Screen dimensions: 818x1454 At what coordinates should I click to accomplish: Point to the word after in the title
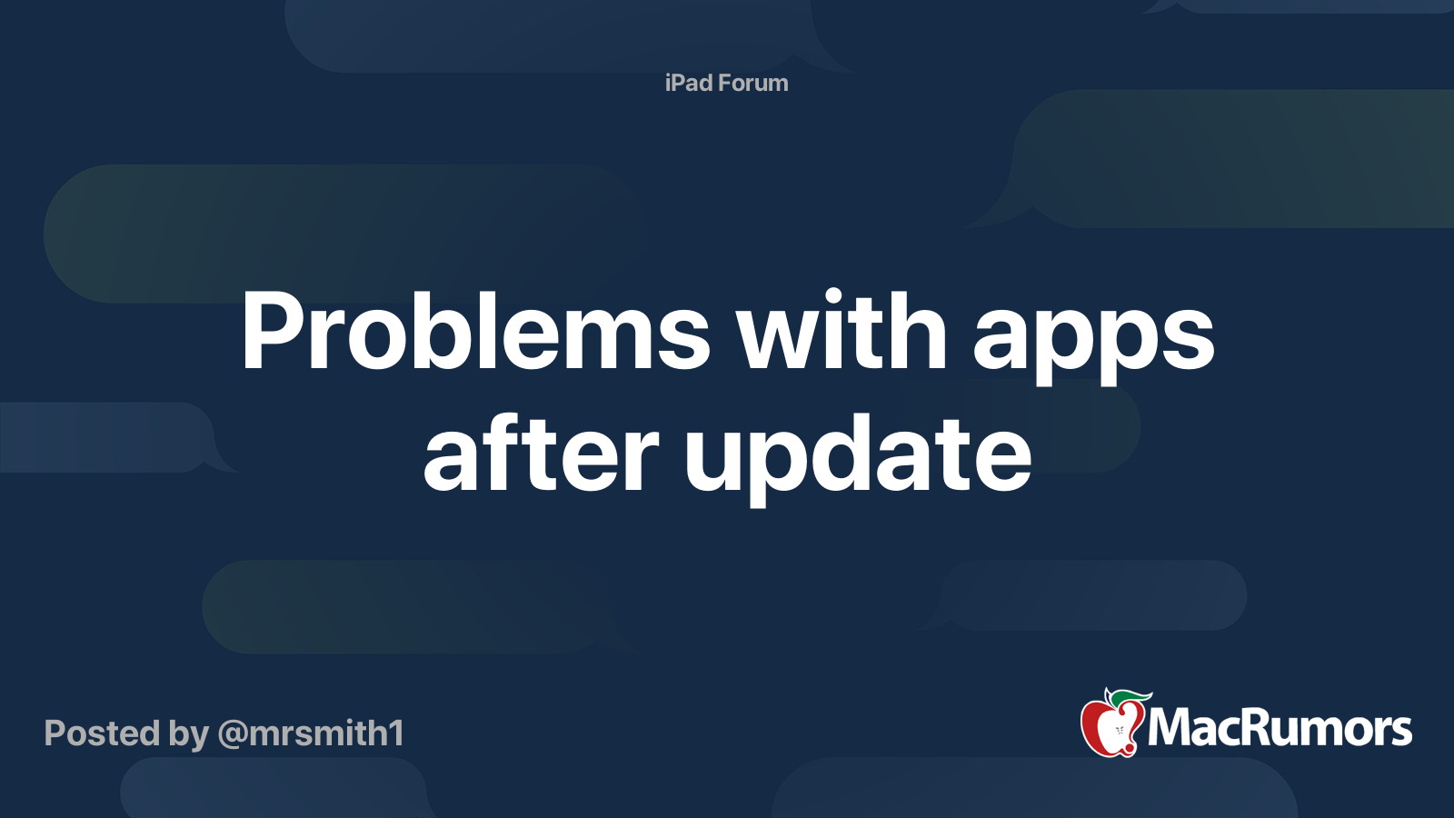click(x=540, y=454)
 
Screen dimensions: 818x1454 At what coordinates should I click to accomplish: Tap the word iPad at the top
click(x=689, y=83)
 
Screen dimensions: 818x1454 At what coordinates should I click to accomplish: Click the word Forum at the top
click(x=752, y=83)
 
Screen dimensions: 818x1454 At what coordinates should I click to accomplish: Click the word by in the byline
click(x=188, y=734)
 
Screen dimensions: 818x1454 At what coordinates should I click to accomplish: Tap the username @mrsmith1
click(x=311, y=733)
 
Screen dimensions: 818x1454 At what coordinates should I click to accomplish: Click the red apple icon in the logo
click(x=1107, y=727)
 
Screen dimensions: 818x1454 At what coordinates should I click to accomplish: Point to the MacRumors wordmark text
click(x=1280, y=728)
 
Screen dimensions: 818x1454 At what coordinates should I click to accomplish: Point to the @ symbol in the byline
click(x=233, y=733)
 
